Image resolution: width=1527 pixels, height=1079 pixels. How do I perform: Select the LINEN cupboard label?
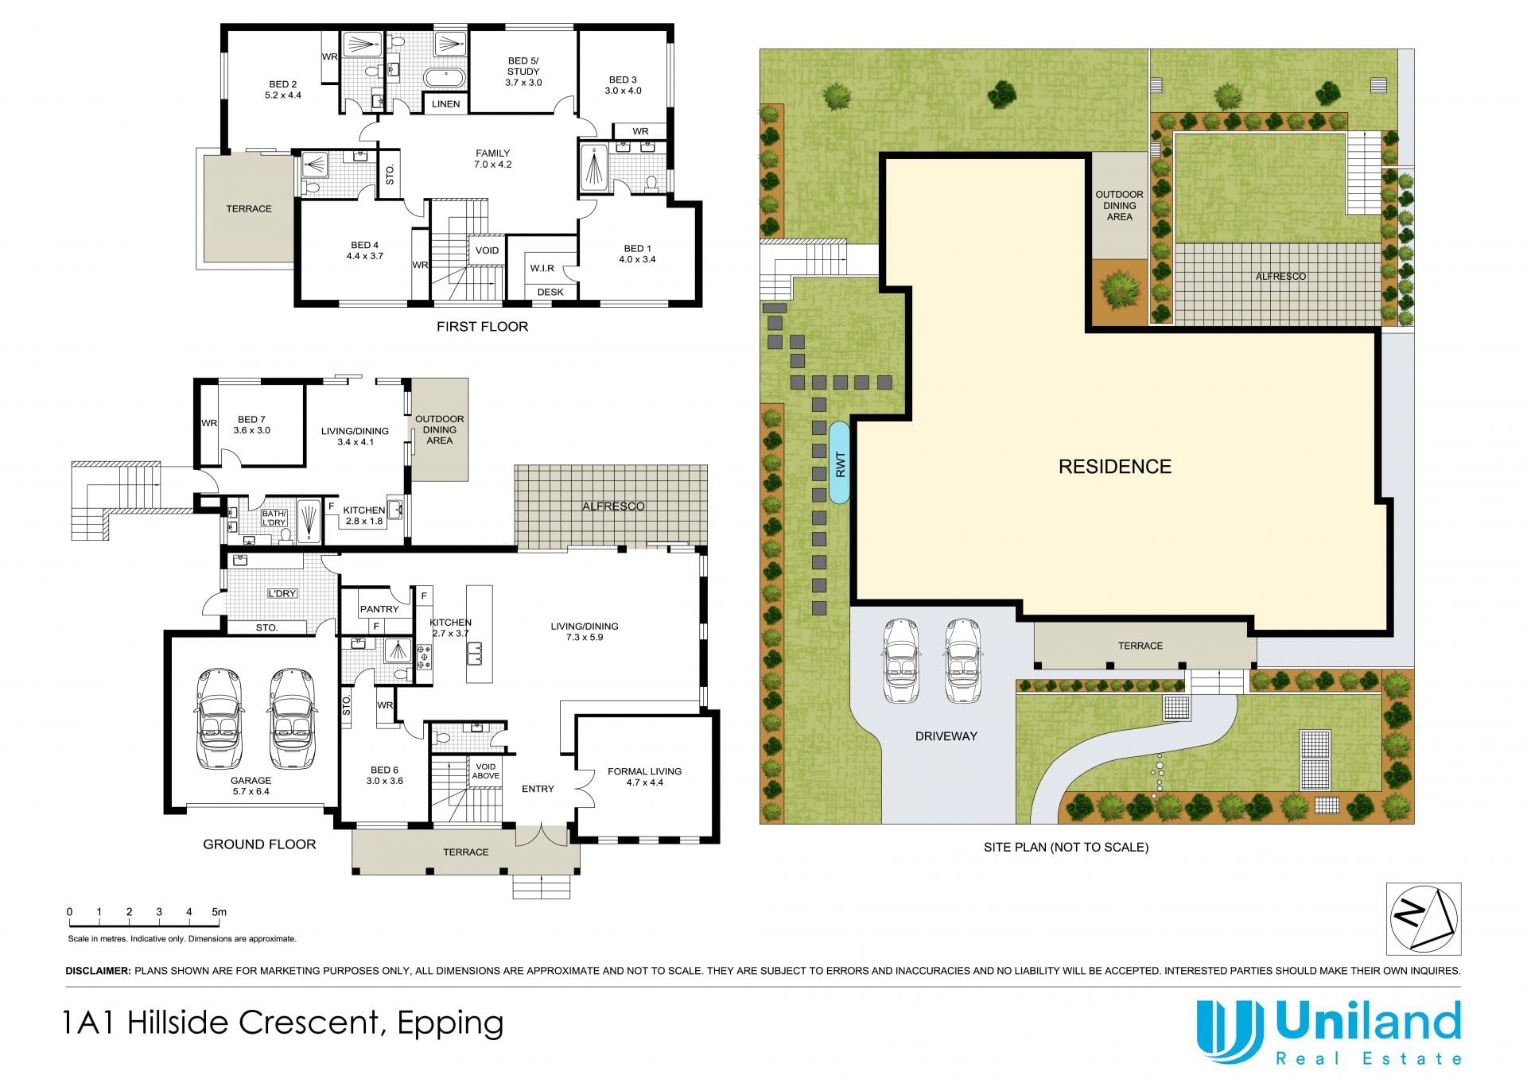click(445, 104)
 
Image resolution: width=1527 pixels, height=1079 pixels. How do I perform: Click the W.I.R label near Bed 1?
click(542, 268)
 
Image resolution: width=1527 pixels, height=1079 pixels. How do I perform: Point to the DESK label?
click(550, 292)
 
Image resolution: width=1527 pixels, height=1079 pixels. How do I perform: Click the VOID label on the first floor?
click(487, 250)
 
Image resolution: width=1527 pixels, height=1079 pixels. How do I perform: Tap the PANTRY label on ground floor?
click(379, 609)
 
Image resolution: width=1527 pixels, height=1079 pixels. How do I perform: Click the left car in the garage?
click(218, 719)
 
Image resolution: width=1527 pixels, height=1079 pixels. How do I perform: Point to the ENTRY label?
click(538, 789)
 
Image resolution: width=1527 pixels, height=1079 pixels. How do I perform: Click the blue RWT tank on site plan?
click(840, 464)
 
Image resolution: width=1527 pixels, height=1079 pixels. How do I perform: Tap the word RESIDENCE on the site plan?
click(1114, 467)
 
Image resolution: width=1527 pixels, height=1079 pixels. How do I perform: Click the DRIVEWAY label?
click(946, 736)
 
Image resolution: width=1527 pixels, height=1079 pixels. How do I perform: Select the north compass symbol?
click(1424, 918)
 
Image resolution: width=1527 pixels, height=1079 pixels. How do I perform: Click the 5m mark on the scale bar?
click(219, 912)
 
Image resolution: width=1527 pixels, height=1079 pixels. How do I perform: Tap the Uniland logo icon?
click(1230, 1031)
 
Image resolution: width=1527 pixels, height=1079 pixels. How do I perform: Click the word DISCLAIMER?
click(98, 971)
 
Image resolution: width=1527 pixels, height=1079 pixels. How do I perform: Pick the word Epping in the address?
click(450, 1024)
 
